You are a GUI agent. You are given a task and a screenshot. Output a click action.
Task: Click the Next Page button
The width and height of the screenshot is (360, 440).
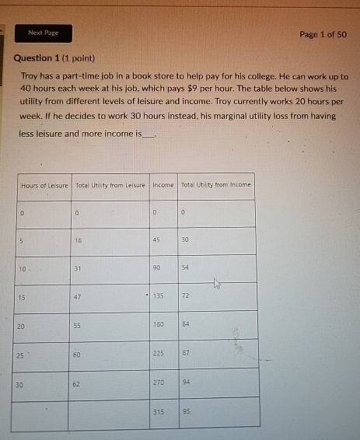44,33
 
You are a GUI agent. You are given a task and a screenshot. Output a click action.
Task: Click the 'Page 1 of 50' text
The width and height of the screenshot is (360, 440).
323,34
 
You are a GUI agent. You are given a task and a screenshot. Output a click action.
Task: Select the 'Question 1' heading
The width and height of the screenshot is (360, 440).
37,58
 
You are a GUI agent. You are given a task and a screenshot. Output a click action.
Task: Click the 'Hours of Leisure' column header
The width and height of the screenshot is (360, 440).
44,185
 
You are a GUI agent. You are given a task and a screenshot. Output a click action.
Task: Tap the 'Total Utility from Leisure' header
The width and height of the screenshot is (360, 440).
110,185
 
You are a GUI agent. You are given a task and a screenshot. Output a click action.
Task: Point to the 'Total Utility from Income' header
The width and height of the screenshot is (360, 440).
216,185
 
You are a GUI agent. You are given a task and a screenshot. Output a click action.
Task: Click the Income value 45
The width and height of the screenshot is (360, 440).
156,240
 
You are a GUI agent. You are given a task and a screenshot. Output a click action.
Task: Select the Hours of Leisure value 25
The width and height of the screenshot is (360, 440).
22,355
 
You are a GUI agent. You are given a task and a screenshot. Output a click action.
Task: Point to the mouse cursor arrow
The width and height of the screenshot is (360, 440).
217,285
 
